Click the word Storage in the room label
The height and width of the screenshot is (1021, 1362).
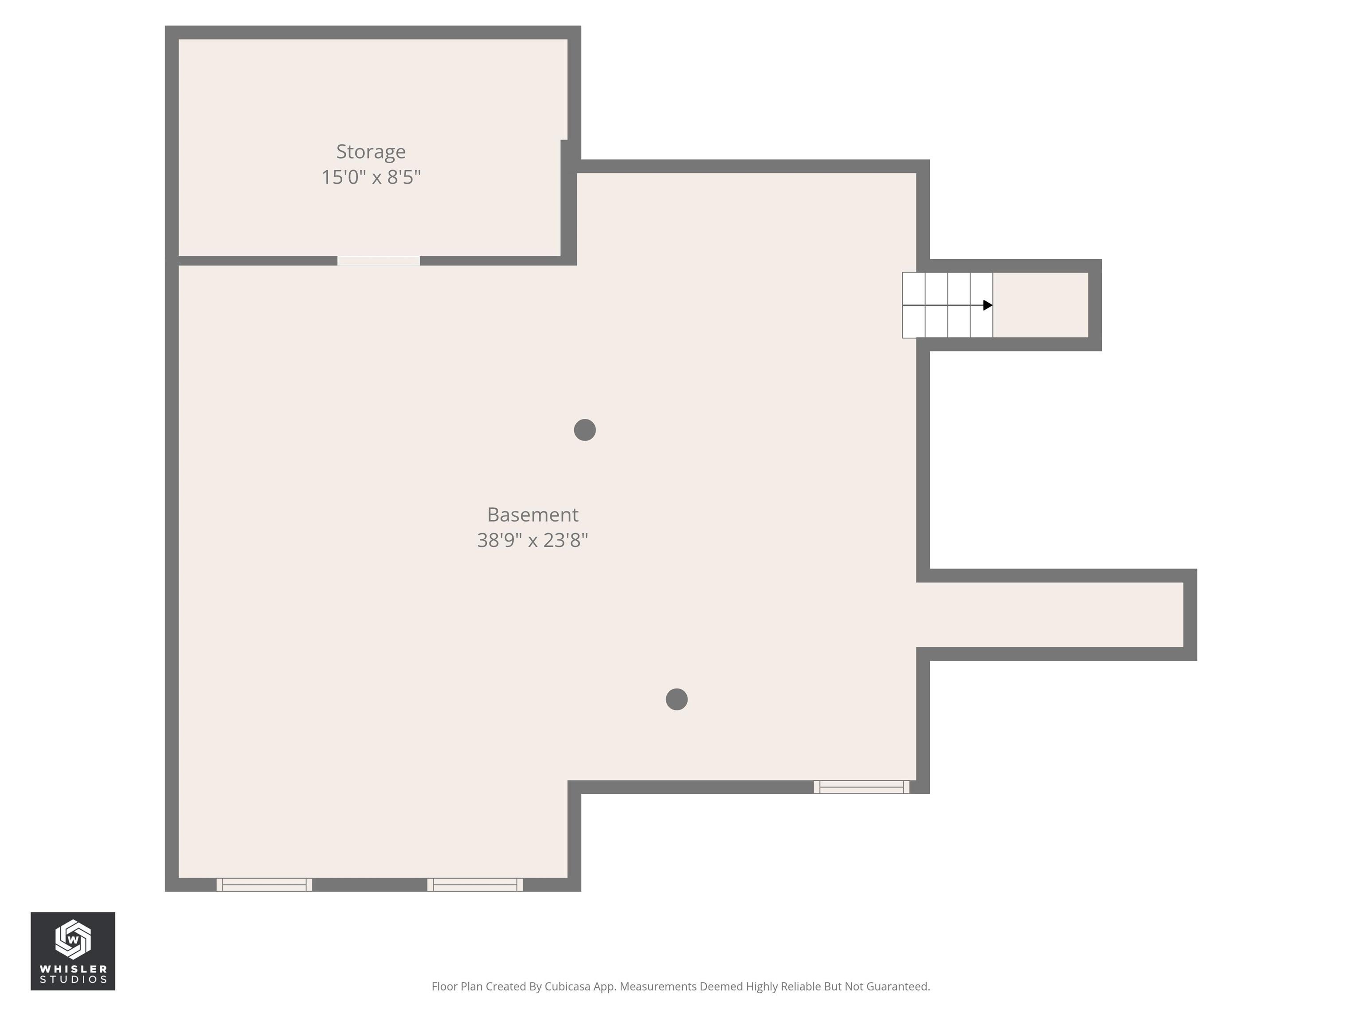tap(371, 152)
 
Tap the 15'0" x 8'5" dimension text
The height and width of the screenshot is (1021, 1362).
tap(371, 177)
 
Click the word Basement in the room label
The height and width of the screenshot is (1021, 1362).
tap(532, 514)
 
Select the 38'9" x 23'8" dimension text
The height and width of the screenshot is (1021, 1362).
tap(532, 540)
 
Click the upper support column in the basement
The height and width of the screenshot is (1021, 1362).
tap(584, 429)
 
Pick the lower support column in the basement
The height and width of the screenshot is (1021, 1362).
tap(676, 699)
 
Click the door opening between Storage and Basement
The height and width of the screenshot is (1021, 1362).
tap(379, 261)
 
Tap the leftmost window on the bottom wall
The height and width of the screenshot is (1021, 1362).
tap(264, 885)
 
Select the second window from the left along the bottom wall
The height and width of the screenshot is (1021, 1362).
tap(475, 885)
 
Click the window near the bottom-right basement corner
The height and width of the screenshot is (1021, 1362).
tap(861, 787)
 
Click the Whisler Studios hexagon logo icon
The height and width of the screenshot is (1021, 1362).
tap(73, 939)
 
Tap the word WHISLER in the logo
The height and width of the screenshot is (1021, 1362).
tap(73, 969)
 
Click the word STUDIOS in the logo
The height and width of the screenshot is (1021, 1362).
tap(73, 980)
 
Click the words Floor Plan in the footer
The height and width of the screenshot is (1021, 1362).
tap(457, 986)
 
